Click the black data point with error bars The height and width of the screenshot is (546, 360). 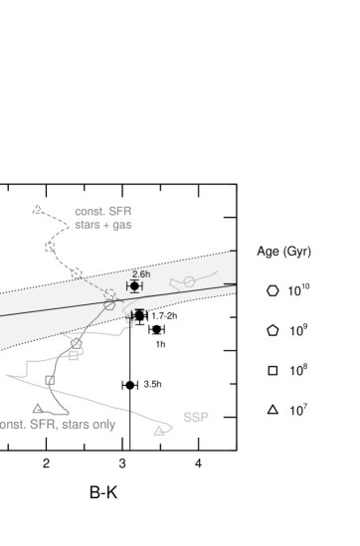pyautogui.click(x=134, y=286)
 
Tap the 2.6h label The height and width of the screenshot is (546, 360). pyautogui.click(x=141, y=273)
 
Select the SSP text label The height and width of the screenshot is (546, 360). pyautogui.click(x=196, y=417)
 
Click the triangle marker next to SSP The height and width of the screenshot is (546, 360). pyautogui.click(x=159, y=431)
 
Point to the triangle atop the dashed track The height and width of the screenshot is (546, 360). pyautogui.click(x=38, y=210)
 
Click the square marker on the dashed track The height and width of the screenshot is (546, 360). pyautogui.click(x=49, y=246)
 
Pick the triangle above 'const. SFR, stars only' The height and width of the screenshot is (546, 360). pyautogui.click(x=38, y=408)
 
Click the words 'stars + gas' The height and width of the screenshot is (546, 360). pyautogui.click(x=103, y=226)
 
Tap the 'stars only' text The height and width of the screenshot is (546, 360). pyautogui.click(x=89, y=425)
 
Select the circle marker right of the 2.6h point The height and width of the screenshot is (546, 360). pyautogui.click(x=189, y=283)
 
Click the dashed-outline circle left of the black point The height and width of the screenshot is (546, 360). pyautogui.click(x=109, y=294)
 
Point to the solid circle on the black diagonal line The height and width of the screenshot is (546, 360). pyautogui.click(x=109, y=305)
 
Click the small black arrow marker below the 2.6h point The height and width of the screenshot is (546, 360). pyautogui.click(x=137, y=313)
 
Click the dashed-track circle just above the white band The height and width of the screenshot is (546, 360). pyautogui.click(x=77, y=273)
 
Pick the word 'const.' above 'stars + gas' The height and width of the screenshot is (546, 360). pyautogui.click(x=90, y=212)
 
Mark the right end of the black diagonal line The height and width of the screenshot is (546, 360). pyautogui.click(x=235, y=283)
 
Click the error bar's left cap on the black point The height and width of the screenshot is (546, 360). pyautogui.click(x=127, y=286)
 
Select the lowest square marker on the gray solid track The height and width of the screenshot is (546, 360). pyautogui.click(x=49, y=380)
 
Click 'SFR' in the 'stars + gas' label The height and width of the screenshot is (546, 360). pyautogui.click(x=120, y=212)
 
